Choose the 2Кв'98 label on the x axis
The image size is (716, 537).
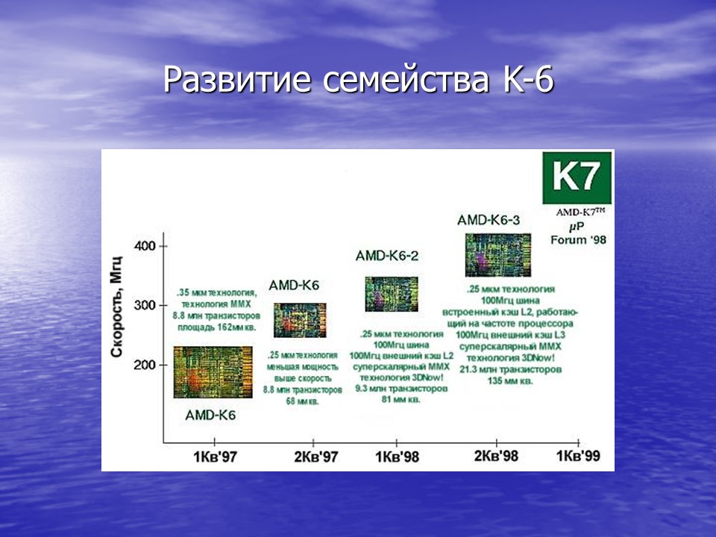coord(496,456)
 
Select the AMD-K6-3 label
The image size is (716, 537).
coord(489,220)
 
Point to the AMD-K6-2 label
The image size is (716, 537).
coord(387,256)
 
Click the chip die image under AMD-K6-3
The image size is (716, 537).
coord(498,254)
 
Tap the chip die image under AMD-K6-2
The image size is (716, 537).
coord(391,294)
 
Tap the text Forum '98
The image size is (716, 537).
coord(579,239)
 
